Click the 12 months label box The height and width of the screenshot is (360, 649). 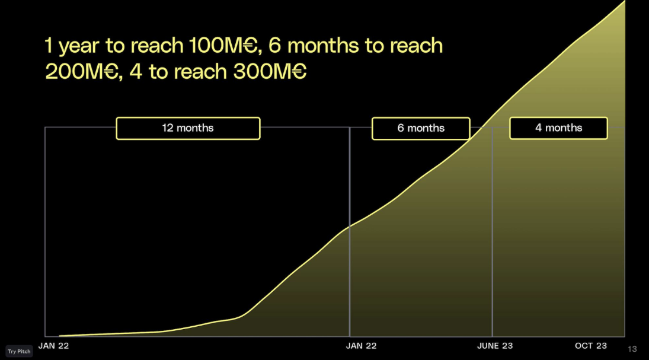188,129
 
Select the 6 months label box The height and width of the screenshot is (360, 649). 421,129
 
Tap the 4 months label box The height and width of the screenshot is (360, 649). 558,128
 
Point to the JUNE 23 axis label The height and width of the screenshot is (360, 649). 495,346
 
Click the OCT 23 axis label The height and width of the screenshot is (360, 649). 591,346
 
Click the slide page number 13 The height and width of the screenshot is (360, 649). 632,349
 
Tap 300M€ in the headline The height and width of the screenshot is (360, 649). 270,71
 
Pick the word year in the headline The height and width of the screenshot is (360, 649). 79,46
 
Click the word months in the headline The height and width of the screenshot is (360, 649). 323,45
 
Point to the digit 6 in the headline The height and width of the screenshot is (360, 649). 275,45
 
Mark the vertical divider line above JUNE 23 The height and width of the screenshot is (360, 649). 492,232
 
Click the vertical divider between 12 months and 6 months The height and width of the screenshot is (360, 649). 350,232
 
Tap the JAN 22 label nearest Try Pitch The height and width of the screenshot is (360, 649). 53,346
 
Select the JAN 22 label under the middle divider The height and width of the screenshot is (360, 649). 362,346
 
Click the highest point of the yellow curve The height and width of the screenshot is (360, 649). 625,1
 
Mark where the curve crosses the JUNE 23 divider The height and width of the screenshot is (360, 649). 492,117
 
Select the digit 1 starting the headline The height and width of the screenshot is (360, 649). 49,46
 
